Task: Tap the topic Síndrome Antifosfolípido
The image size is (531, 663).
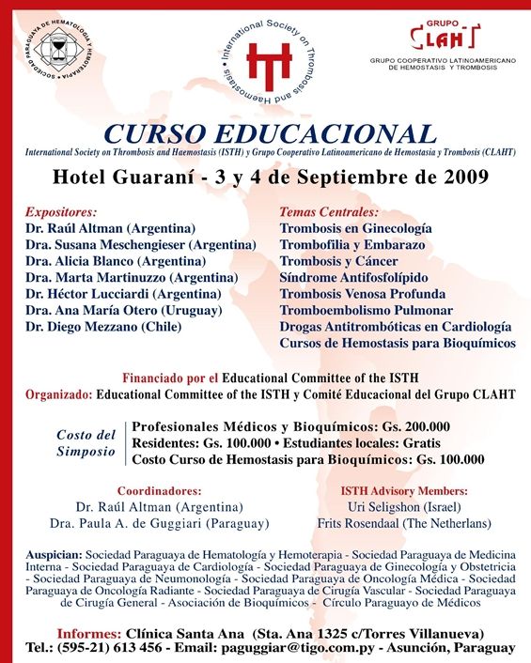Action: point(353,277)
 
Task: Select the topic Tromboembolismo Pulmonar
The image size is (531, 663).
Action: point(366,310)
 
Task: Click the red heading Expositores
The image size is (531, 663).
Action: point(62,212)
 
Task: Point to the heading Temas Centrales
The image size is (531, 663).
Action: point(329,212)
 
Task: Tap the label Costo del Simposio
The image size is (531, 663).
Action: point(86,442)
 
